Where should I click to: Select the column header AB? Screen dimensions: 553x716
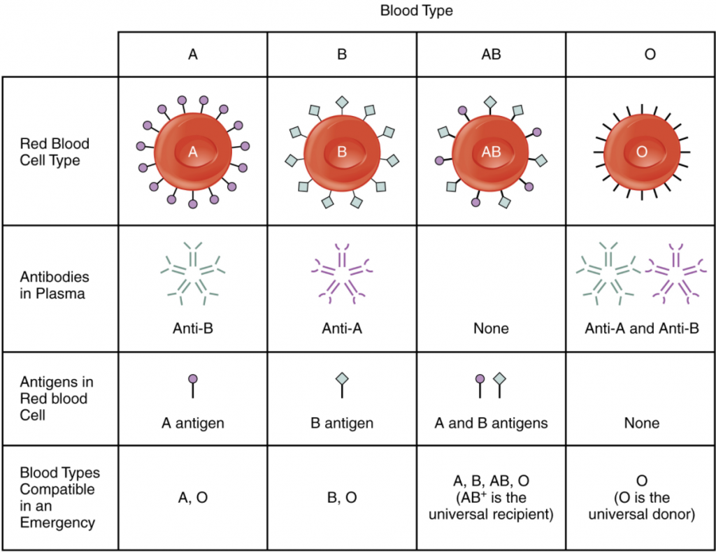(492, 54)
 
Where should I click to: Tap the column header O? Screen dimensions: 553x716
(650, 54)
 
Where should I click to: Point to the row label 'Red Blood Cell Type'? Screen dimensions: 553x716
(55, 152)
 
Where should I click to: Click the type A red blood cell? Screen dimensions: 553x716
(193, 151)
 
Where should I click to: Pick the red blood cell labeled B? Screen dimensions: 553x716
(342, 151)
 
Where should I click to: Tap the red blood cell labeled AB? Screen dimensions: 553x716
(491, 151)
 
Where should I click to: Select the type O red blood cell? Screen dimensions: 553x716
(641, 151)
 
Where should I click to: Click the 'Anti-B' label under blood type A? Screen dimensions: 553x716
(192, 328)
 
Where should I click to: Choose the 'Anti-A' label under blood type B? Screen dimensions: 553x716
(342, 328)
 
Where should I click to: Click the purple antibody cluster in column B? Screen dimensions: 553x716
(342, 273)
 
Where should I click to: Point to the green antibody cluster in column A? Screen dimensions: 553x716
(192, 273)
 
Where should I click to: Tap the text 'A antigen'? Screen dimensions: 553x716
(193, 423)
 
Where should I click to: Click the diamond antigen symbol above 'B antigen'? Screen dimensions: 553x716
(342, 379)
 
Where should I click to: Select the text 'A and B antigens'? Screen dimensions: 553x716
(491, 423)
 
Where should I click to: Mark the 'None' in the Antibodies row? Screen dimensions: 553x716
(491, 328)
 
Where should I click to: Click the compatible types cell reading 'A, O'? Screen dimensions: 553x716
(193, 497)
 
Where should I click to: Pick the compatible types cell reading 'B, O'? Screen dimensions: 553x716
(342, 497)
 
